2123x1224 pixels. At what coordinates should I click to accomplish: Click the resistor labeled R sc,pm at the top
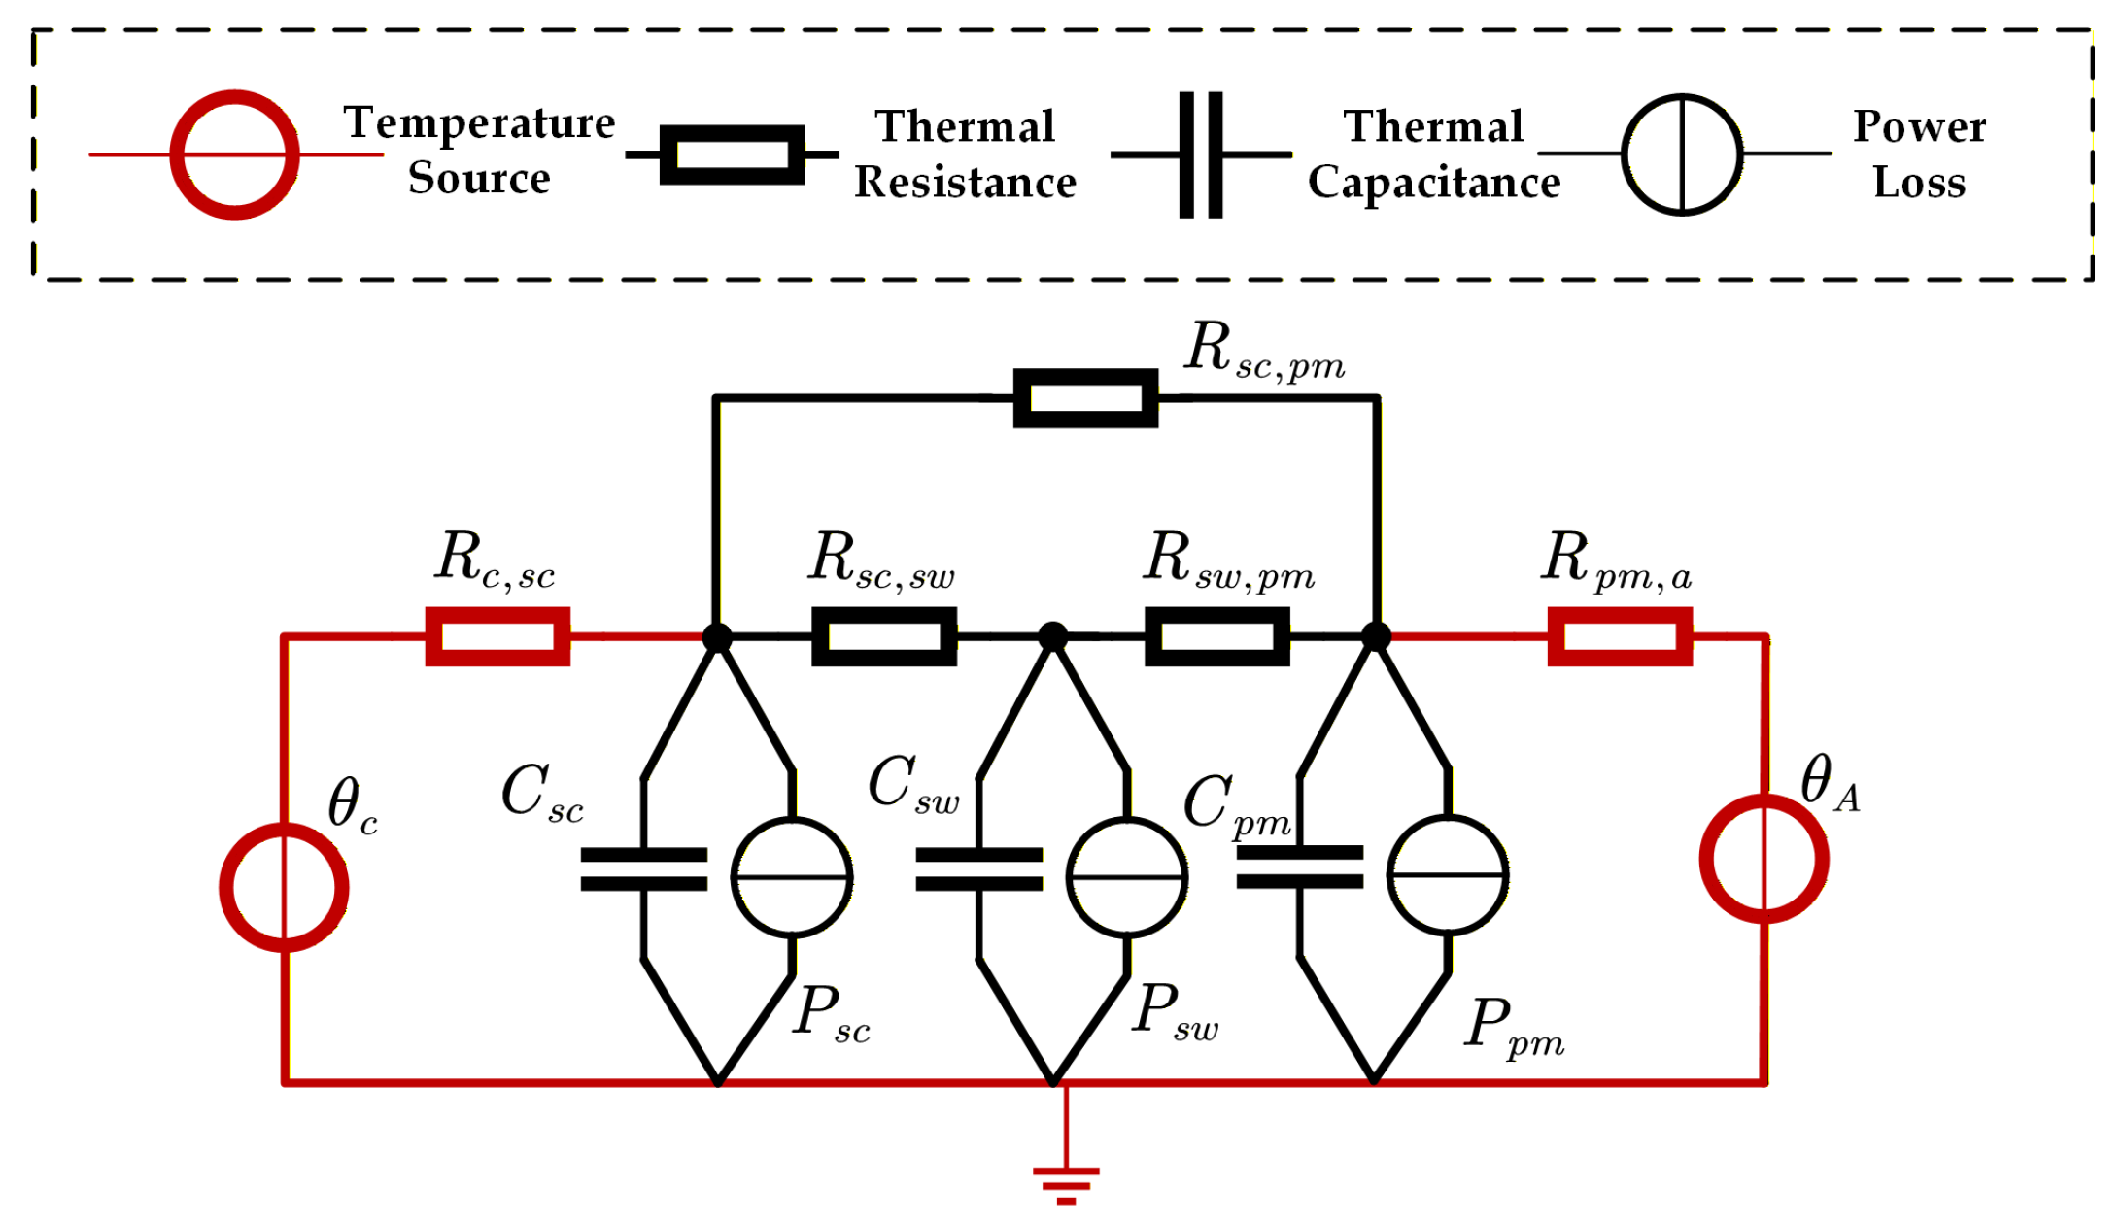point(1085,397)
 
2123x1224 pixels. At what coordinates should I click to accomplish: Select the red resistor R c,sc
point(497,636)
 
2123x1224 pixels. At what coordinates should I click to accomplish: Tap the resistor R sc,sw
point(884,636)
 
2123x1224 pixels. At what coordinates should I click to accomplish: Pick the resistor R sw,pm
point(1217,636)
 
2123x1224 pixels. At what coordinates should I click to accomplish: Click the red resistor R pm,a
point(1620,636)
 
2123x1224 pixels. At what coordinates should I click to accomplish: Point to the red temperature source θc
point(284,887)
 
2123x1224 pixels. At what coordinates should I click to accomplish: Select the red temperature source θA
point(1763,858)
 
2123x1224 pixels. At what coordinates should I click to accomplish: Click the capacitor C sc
point(643,869)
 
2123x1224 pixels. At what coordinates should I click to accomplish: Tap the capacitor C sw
point(978,869)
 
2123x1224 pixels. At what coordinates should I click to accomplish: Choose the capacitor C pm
point(1300,867)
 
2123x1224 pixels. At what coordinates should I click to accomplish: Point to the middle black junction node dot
point(1053,636)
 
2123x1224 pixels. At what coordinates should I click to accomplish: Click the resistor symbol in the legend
point(732,154)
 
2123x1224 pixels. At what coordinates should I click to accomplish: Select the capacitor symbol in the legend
point(1201,154)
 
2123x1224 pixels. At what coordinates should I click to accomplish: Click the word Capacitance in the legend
point(1434,183)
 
